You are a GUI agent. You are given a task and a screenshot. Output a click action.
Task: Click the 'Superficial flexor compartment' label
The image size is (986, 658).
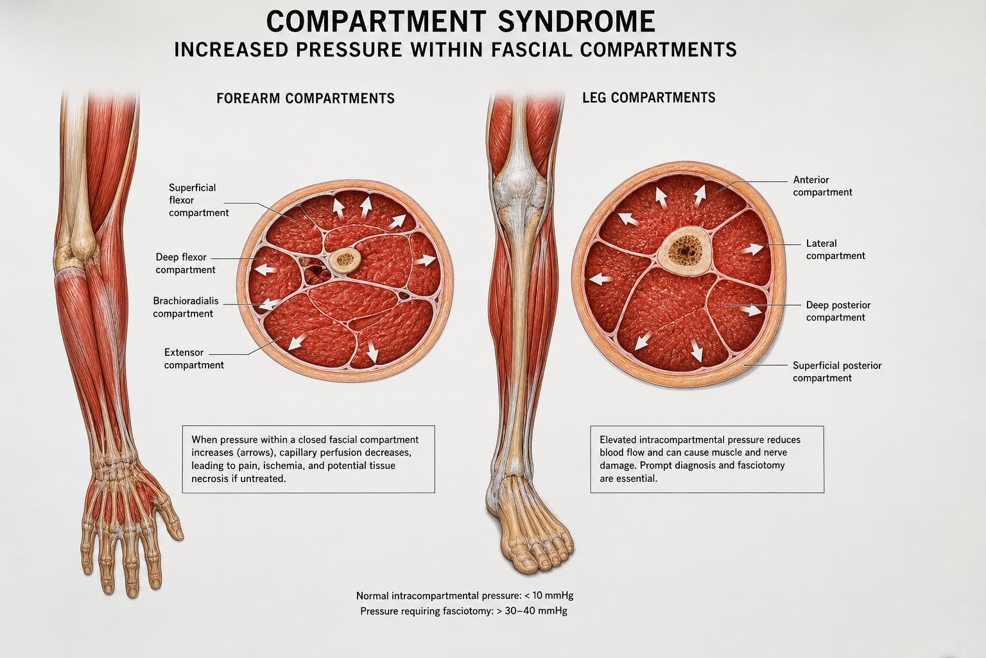click(198, 200)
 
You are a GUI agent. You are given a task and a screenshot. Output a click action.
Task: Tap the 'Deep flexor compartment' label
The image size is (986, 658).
click(186, 263)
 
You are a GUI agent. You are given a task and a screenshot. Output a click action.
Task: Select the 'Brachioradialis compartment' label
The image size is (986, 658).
click(186, 307)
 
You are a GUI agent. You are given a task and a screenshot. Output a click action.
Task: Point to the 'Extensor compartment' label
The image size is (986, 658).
click(194, 359)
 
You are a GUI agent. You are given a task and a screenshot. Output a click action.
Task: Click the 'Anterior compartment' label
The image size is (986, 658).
click(822, 186)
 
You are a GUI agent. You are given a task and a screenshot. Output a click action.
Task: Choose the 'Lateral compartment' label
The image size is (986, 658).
click(835, 249)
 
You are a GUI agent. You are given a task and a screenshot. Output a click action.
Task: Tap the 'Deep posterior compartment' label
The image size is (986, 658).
click(838, 311)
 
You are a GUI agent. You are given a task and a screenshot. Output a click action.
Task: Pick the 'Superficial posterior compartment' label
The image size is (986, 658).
click(837, 371)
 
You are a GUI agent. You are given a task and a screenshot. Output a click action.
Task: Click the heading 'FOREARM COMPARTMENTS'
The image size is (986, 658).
click(306, 98)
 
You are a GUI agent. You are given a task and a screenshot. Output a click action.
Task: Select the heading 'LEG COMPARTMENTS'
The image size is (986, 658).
click(649, 98)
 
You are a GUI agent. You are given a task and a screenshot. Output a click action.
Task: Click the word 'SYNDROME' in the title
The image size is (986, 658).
click(576, 21)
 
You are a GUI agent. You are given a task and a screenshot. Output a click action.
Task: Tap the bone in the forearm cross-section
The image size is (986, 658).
click(345, 262)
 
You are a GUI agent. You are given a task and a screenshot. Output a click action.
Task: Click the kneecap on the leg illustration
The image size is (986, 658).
click(519, 180)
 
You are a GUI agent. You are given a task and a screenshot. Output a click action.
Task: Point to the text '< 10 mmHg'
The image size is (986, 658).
click(549, 596)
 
